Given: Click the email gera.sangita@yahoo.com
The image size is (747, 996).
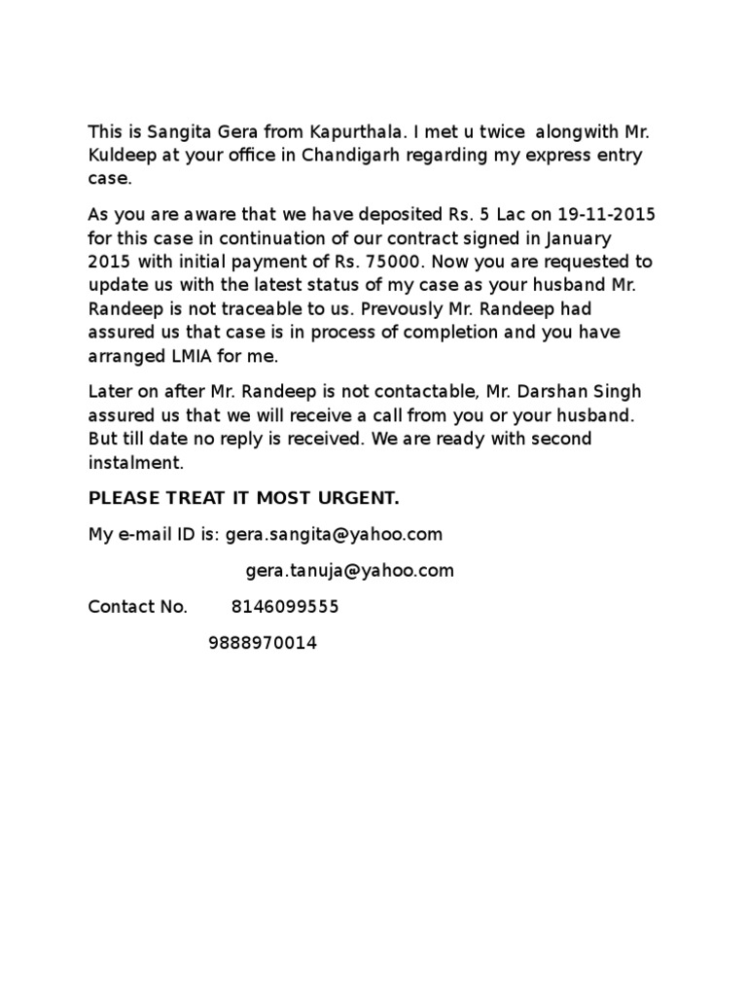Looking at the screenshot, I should pos(334,534).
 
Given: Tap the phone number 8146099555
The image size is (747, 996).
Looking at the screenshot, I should pos(285,607).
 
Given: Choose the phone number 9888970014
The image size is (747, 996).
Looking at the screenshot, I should pos(262,643).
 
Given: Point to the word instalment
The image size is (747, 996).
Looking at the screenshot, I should pos(135,462).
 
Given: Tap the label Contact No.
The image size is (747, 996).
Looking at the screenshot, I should pos(137,607).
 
